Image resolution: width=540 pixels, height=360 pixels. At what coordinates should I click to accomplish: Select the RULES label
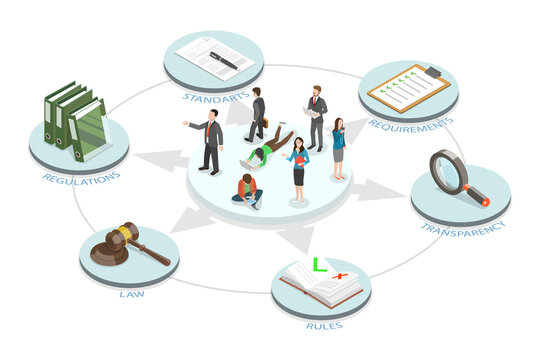[321, 324]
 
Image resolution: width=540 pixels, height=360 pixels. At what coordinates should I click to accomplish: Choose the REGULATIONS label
[82, 177]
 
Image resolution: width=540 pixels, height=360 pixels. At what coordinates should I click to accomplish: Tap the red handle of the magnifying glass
[478, 196]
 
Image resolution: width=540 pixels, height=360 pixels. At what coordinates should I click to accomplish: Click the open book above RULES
[321, 284]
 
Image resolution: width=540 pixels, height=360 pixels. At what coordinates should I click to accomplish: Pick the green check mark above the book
[319, 264]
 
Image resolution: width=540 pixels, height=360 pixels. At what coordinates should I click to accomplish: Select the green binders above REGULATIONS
[76, 119]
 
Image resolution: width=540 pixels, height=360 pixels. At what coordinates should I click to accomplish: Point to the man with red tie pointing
[211, 140]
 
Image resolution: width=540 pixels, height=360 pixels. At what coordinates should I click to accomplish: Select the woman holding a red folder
[298, 168]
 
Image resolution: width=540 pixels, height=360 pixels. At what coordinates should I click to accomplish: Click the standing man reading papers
[316, 115]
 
